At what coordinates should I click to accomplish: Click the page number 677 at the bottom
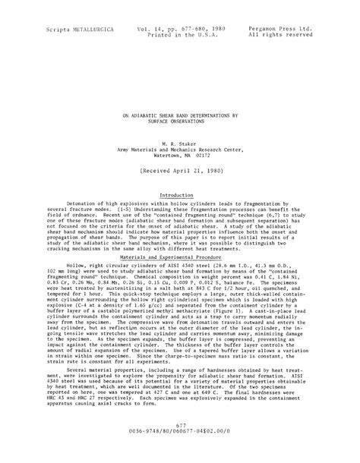point(179,447)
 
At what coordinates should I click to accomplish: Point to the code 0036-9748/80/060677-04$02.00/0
point(180,453)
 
